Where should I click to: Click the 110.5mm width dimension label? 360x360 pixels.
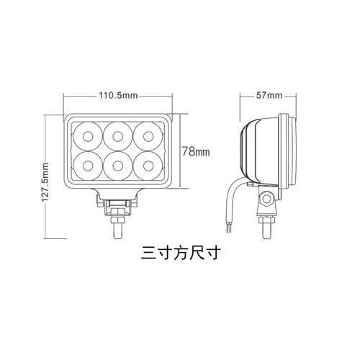pyautogui.click(x=119, y=95)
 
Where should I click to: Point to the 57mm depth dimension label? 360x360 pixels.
pyautogui.click(x=269, y=95)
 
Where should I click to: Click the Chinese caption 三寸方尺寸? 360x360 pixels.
pyautogui.click(x=179, y=253)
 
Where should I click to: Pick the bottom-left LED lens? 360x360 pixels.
pyautogui.click(x=88, y=165)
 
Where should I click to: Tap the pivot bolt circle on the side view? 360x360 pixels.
pyautogui.click(x=267, y=197)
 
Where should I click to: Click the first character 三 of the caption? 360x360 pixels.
pyautogui.click(x=149, y=253)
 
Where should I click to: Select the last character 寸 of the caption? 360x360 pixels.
pyautogui.click(x=210, y=253)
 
